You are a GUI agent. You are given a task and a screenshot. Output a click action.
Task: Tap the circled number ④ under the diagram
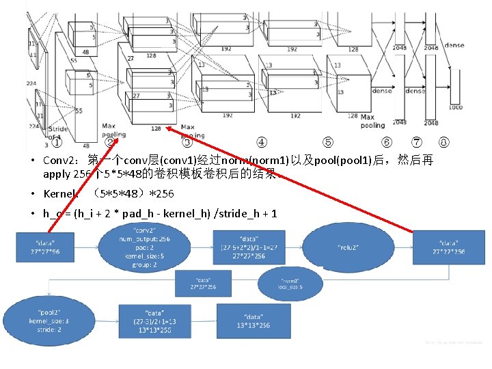point(262,143)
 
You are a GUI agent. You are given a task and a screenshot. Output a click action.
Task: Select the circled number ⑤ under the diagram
point(329,143)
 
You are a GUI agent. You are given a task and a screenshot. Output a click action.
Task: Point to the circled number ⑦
point(417,143)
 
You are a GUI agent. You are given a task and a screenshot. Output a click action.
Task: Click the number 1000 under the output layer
point(455,107)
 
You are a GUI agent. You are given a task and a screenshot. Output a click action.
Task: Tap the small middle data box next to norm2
point(203,284)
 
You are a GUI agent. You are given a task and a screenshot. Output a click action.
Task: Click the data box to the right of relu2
point(448,247)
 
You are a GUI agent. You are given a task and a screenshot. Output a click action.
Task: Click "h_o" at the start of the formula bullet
point(51,214)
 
